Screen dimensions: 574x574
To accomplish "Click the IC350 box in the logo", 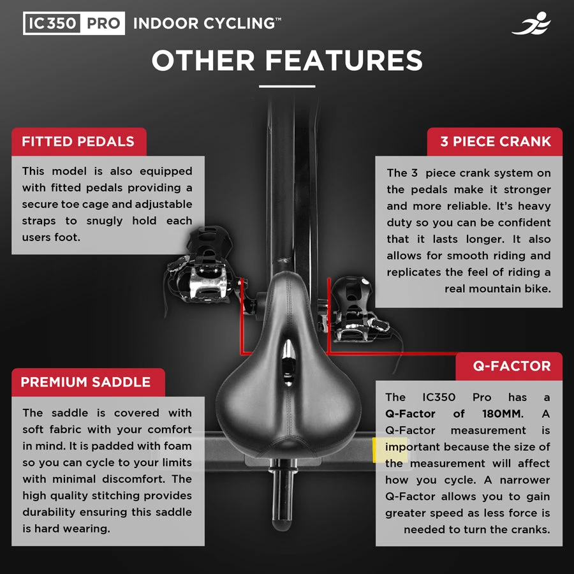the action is (x=52, y=24).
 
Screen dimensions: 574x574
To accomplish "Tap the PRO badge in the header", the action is (x=103, y=24).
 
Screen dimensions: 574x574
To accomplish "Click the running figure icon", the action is (x=531, y=23).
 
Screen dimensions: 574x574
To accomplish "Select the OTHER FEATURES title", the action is (x=287, y=61).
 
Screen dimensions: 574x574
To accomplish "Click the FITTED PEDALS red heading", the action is (x=78, y=142).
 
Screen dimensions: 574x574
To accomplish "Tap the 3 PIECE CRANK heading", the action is (x=495, y=142).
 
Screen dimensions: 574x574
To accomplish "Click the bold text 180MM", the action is (x=503, y=414).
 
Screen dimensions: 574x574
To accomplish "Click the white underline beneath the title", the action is (x=287, y=86).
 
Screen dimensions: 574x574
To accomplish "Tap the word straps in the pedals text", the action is (x=39, y=221).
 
